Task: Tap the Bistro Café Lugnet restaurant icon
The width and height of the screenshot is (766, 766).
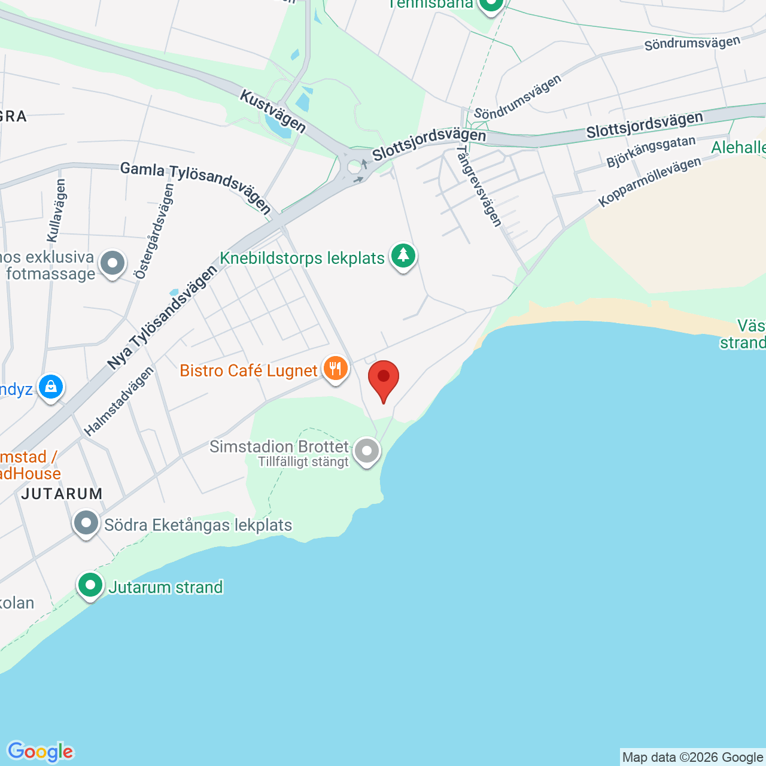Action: (335, 369)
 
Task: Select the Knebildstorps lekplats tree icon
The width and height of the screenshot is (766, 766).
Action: (403, 256)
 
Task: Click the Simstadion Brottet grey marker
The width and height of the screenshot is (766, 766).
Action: (367, 451)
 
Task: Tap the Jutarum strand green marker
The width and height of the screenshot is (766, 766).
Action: (90, 585)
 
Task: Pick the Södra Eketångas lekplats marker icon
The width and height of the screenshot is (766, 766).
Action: (86, 523)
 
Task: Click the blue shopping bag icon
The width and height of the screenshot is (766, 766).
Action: (51, 387)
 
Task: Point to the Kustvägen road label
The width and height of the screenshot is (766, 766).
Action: (273, 112)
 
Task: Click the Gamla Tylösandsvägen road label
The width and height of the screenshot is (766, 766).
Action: (196, 186)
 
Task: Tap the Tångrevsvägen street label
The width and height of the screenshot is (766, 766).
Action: (479, 187)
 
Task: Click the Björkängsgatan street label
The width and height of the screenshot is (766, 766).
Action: (651, 151)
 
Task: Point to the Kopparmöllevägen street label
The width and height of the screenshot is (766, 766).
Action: (649, 182)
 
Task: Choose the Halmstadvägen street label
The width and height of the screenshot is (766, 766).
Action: (118, 401)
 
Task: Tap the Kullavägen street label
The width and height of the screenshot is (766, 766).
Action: (57, 210)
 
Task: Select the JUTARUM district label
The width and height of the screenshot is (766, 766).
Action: (62, 494)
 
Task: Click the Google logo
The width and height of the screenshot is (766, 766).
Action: (40, 752)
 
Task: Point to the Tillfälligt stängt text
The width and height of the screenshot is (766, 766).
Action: (303, 462)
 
